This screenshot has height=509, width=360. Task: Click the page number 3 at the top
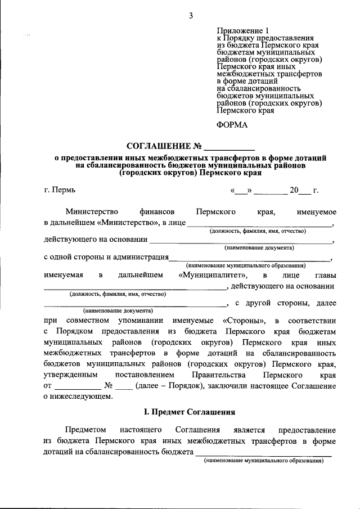coord(191,16)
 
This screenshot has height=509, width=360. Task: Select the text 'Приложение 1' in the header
coord(244,31)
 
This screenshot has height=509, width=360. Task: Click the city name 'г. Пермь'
coord(58,190)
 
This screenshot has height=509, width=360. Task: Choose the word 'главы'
coord(325,275)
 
